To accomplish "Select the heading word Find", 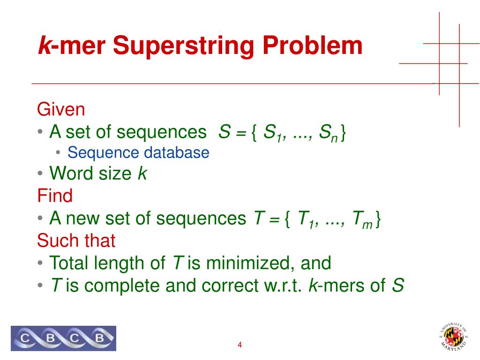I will click(x=55, y=195).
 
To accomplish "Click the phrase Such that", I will click(x=76, y=240).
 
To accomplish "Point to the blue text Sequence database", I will click(x=138, y=153).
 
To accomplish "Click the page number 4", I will click(x=240, y=345).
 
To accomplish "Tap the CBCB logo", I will click(x=63, y=338).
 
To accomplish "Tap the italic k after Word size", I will click(x=142, y=174).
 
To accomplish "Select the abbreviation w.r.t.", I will click(x=284, y=285).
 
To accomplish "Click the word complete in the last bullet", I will click(x=119, y=285).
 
